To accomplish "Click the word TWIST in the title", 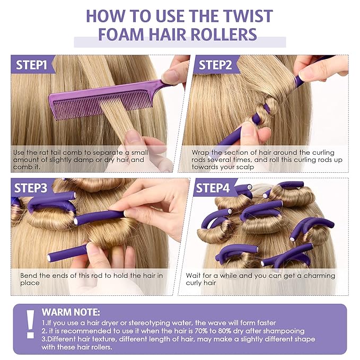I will (241, 15).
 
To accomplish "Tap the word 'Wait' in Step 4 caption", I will (194, 276).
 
